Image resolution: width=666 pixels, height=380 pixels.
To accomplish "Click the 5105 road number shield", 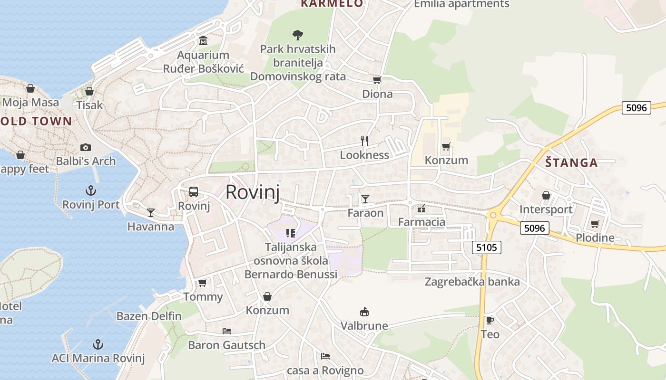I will pos(487,247).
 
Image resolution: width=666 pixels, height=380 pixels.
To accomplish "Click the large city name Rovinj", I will pos(252,192).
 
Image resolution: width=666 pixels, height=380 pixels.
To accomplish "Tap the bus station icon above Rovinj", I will pos(194,192).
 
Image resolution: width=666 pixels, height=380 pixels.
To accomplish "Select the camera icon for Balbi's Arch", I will pos(86,147).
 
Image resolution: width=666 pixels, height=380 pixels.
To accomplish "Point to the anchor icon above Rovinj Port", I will pos(90,191).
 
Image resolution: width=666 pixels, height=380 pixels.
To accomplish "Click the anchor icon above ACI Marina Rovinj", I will pos(98,344).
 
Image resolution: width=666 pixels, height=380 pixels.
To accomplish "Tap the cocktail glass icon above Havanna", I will pos(151,212).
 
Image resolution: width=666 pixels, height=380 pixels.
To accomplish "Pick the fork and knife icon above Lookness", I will pos(364,141).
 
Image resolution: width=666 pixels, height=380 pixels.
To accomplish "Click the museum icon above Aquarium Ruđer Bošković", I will pos(203,41).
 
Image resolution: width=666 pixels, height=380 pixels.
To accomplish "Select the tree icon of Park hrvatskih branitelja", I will pos(298,35).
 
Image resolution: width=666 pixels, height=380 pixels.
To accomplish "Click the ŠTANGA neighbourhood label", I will pos(571,163).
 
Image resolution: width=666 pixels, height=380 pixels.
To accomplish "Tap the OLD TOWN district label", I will pos(36,121).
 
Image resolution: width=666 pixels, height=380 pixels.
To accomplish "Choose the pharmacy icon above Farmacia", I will pos(421,208).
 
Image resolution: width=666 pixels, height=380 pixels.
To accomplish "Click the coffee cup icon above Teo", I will pos(490,320).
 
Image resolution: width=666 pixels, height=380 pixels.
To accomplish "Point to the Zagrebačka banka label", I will pos(472,282).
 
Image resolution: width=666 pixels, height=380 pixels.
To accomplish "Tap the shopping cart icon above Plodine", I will pos(595,224).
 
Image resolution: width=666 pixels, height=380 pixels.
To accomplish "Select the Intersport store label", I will pos(546,209).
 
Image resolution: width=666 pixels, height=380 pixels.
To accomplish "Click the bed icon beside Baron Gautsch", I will pos(227,331).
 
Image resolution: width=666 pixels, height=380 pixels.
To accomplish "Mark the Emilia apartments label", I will pos(461,4).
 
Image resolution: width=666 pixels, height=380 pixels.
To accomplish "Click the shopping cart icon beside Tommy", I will pos(203,283).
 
